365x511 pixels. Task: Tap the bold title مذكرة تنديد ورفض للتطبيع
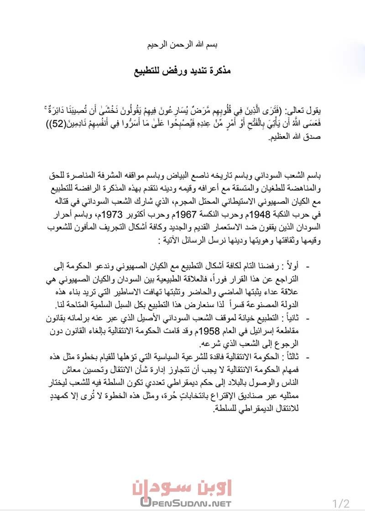pos(182,72)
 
